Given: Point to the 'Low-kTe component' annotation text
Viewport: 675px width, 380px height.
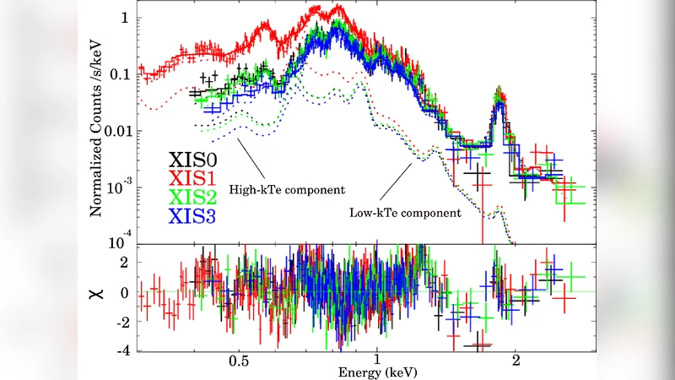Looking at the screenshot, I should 405,213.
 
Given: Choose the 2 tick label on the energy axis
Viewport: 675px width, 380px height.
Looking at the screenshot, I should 515,357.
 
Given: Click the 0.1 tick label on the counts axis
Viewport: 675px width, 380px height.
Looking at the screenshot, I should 121,74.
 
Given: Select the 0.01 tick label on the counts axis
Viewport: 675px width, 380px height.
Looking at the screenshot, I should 117,131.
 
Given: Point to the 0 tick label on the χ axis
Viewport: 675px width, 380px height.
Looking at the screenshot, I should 123,292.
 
